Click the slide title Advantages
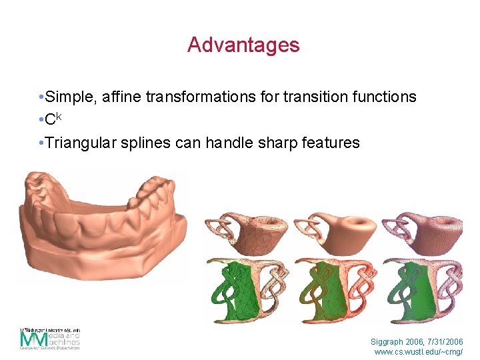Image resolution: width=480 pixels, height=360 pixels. coord(243,45)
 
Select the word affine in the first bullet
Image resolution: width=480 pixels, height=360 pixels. coord(124,97)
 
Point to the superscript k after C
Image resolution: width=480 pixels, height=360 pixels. coord(59,116)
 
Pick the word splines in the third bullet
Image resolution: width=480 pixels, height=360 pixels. coord(145,142)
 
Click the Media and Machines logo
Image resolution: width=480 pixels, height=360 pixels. coord(50,339)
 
